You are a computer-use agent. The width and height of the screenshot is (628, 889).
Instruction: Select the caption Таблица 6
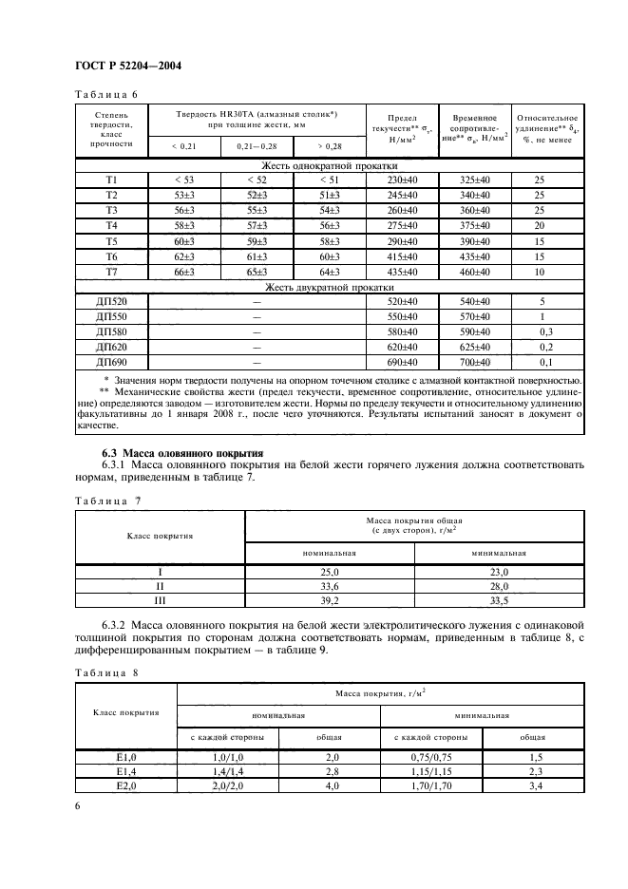[x=105, y=93]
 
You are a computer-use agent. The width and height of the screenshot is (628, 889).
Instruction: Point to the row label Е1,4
[x=127, y=772]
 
